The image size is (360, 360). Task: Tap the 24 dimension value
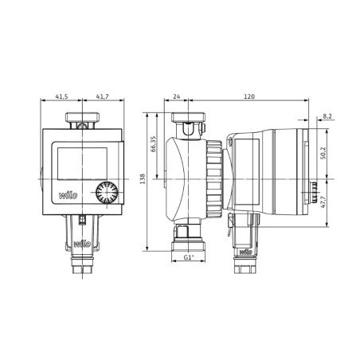click(x=177, y=96)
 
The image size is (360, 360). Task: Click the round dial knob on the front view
click(x=103, y=194)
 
